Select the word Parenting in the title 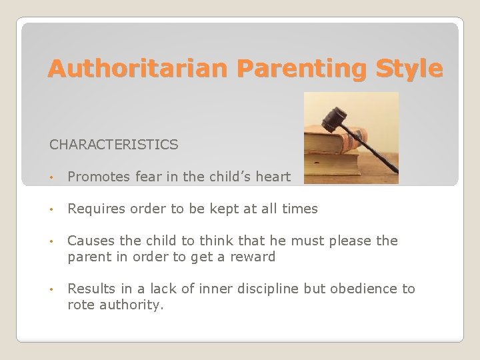(x=289, y=68)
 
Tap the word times (x=300, y=209)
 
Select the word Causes (x=89, y=240)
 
